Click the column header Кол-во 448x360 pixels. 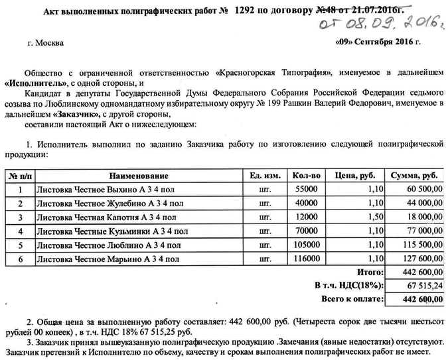click(x=306, y=176)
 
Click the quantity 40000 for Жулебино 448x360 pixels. click(x=307, y=203)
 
